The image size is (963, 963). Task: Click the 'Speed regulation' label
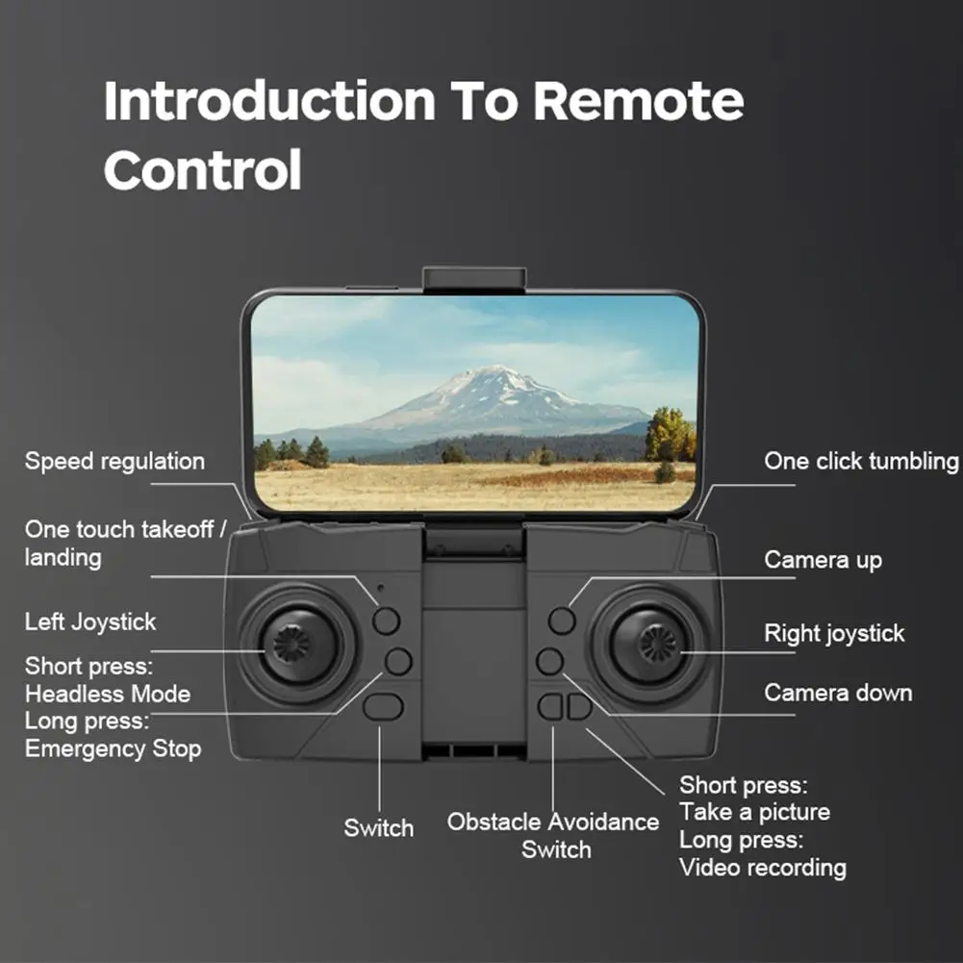114,462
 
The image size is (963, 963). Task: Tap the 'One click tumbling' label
861,462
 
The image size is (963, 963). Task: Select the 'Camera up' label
823,560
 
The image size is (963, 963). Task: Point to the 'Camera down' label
838,693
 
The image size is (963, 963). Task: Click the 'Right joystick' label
834,634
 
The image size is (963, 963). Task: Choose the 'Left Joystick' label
89,622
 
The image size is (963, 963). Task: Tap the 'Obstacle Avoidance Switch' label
554,835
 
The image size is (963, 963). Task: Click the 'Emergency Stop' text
113,748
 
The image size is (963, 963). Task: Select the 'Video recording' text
763,868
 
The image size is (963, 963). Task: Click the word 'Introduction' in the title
269,101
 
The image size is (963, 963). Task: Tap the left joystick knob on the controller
291,643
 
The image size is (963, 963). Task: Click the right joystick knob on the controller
658,643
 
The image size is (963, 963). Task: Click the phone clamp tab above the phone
474,279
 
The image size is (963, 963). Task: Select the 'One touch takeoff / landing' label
125,543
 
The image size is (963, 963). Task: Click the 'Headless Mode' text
107,694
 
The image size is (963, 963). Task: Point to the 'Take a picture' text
754,813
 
